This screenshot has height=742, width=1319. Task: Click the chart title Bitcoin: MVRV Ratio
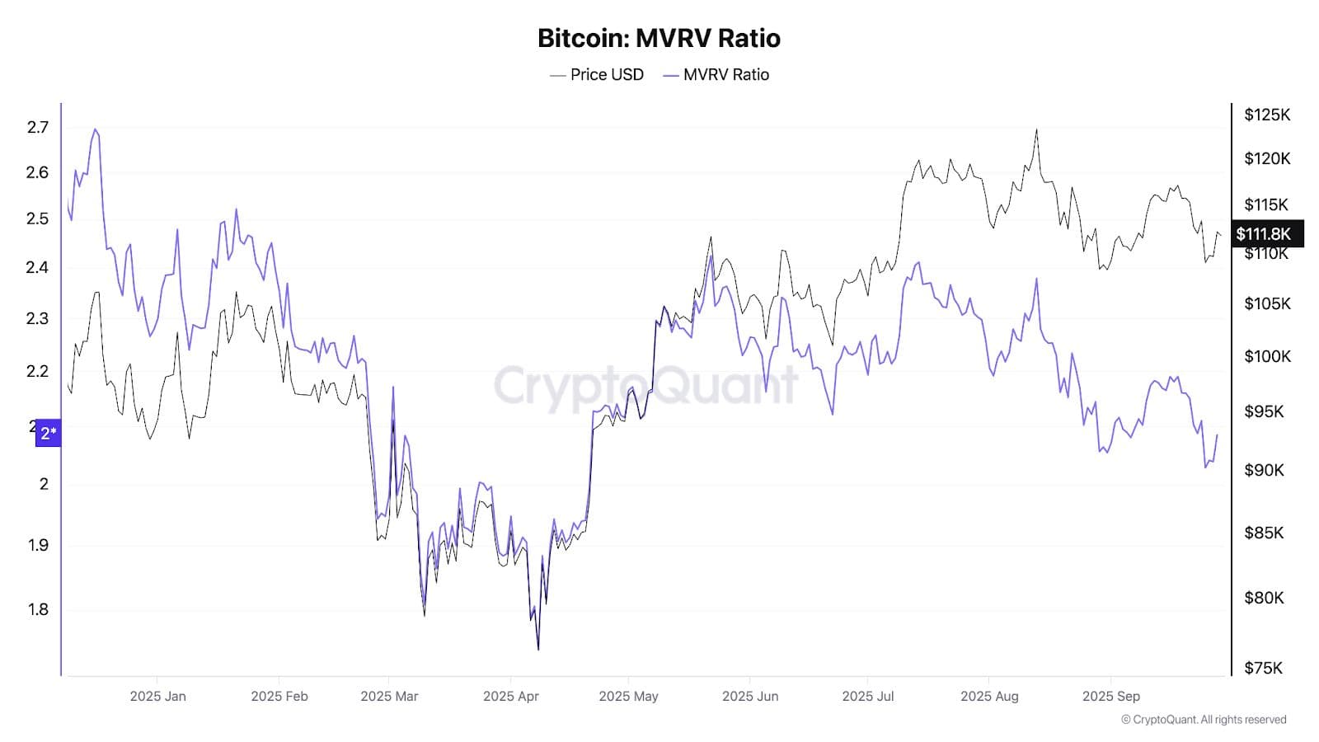659,38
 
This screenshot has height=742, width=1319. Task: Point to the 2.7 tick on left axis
38,127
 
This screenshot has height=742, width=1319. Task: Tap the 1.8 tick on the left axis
38,609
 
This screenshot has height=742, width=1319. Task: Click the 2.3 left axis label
38,318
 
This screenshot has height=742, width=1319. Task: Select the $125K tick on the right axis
1267,115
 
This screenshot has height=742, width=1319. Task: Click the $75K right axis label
1263,668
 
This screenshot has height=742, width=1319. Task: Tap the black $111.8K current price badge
1267,234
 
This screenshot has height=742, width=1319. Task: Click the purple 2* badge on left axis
49,433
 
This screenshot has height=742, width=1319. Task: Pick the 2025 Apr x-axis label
510,696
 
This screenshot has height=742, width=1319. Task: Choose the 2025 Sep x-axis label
1110,696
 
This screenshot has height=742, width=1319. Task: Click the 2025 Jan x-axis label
157,696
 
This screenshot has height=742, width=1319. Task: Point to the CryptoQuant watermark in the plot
645,384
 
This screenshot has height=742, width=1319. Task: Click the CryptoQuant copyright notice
1203,720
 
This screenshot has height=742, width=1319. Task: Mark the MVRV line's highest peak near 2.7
96,129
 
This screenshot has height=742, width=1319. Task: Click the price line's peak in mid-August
1036,129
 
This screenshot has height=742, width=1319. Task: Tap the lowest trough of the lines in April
538,649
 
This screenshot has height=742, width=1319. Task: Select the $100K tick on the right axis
1267,356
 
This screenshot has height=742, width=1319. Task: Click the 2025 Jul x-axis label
867,696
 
